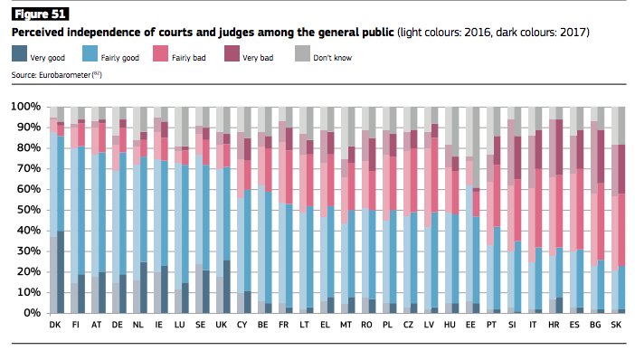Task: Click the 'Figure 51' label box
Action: (x=40, y=14)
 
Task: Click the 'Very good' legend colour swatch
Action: (x=19, y=53)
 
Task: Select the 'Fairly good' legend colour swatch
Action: (x=90, y=53)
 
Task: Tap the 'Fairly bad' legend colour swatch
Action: (x=160, y=53)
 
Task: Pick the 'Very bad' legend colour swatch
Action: (x=232, y=53)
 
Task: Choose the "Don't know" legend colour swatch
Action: (x=302, y=53)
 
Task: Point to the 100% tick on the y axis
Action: (x=26, y=107)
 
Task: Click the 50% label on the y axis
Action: (x=28, y=210)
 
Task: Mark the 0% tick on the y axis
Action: (x=31, y=313)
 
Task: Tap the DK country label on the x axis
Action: (x=55, y=325)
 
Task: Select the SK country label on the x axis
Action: (x=616, y=325)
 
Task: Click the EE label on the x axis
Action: (x=470, y=325)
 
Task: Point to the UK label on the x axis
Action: (x=221, y=325)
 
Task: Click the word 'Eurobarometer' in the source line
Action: (x=65, y=75)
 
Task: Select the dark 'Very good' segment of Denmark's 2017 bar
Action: (x=61, y=271)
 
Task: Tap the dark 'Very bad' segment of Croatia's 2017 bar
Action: (x=559, y=147)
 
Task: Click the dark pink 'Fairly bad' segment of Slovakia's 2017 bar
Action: (x=621, y=230)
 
